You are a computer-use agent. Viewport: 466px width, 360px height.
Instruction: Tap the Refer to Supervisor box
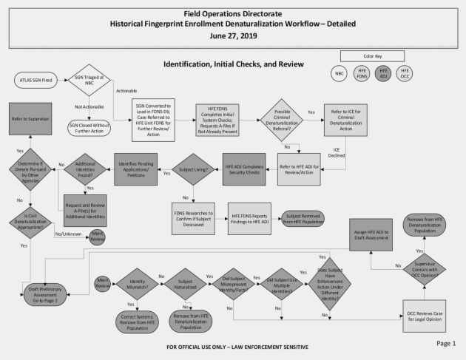click(x=29, y=118)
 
